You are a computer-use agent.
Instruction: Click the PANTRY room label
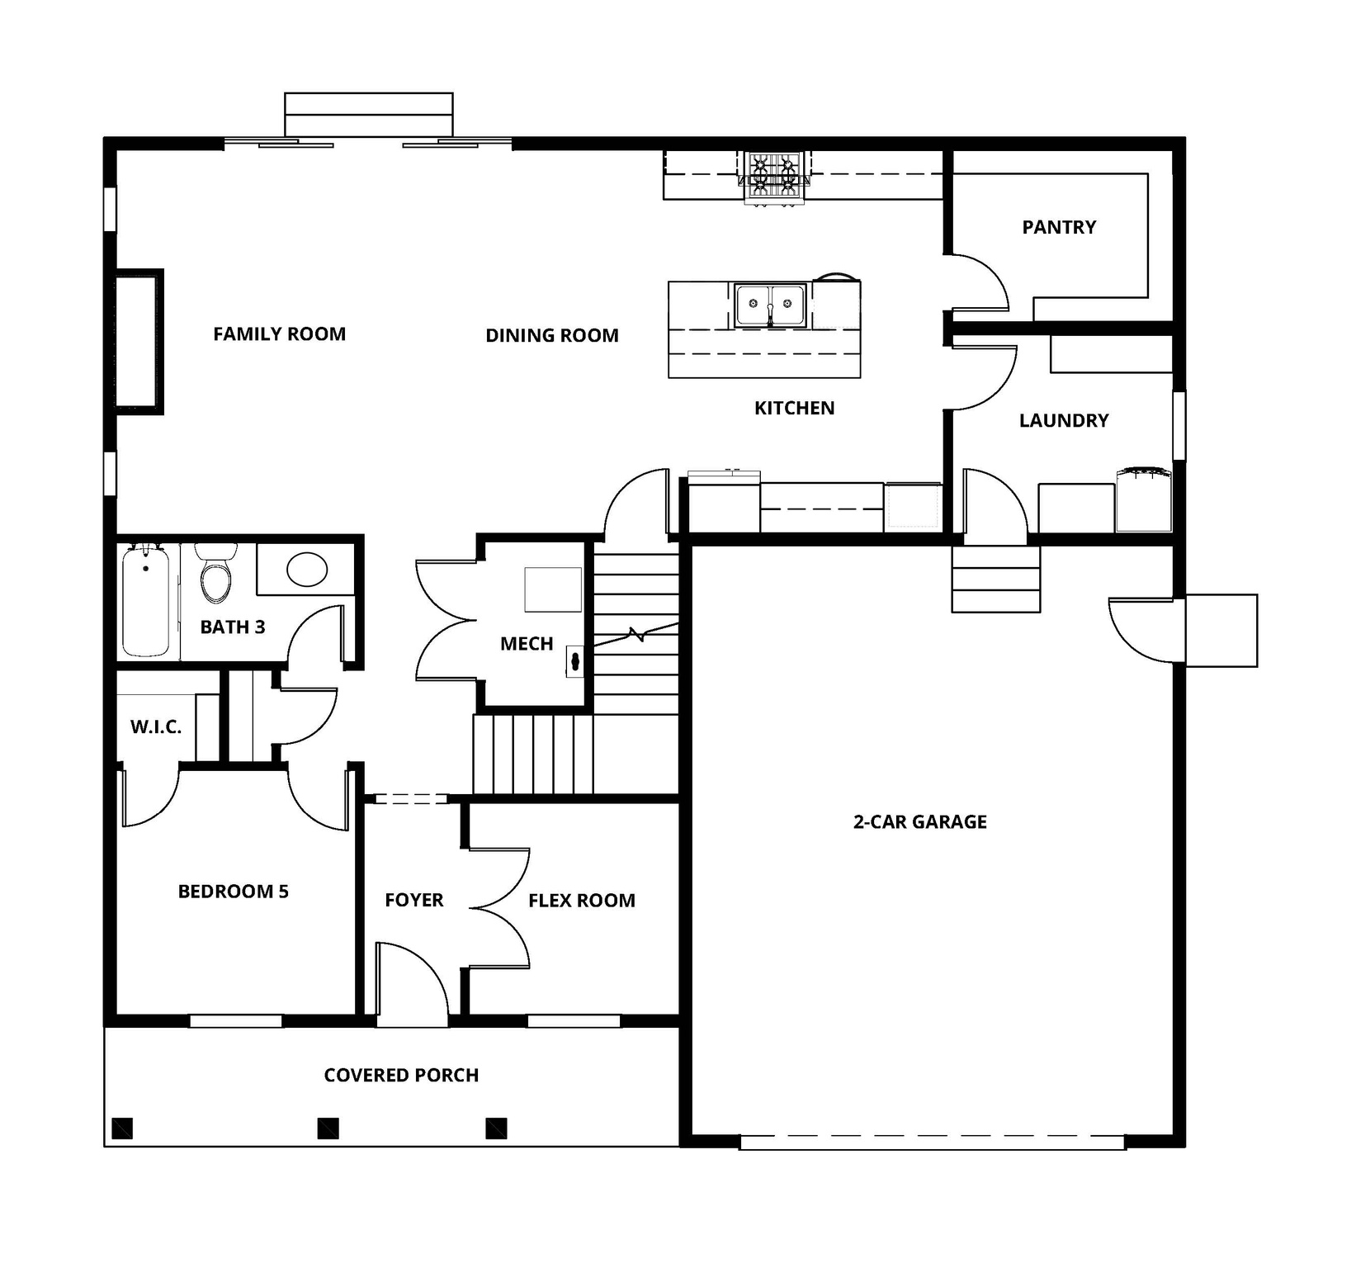(x=1059, y=227)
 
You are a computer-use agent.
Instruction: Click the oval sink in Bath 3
(x=307, y=569)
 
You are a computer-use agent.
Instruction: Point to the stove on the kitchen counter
(x=773, y=178)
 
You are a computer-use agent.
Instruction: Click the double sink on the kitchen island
(x=770, y=305)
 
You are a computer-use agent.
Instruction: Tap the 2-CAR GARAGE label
(x=919, y=821)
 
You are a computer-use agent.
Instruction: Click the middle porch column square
(x=328, y=1128)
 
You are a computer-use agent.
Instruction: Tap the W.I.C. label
(x=156, y=727)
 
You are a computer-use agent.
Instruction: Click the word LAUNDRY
(x=1064, y=420)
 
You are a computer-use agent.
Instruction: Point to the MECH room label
(x=527, y=644)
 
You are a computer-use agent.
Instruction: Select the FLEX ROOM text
(x=582, y=901)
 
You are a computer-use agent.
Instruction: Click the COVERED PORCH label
(x=401, y=1075)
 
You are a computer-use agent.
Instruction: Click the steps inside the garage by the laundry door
(x=995, y=579)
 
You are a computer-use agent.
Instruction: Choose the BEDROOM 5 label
(x=234, y=892)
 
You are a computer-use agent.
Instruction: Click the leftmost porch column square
(x=122, y=1128)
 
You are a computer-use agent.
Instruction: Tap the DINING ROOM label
(x=552, y=335)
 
